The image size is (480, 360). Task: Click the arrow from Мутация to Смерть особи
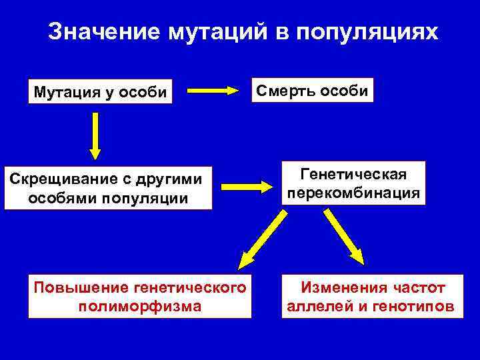click(x=211, y=90)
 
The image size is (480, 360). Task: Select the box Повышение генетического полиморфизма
click(x=140, y=297)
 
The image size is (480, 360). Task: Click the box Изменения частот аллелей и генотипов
click(x=371, y=297)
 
